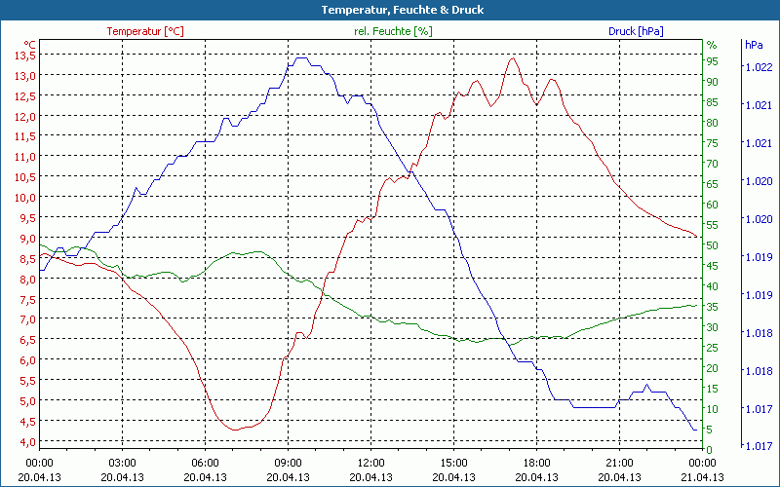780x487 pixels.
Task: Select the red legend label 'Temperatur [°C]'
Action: pos(144,31)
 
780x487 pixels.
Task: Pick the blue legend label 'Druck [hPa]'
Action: pos(636,31)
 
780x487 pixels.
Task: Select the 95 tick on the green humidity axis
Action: pos(712,61)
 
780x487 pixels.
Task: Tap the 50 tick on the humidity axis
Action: pos(712,245)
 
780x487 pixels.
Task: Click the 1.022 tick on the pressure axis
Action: pos(758,67)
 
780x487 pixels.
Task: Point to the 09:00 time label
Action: pos(288,463)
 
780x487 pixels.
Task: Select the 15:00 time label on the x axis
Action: pos(453,463)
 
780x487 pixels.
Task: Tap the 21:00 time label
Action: pos(619,463)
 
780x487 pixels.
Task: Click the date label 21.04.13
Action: pos(702,477)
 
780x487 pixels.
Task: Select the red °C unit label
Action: pos(29,45)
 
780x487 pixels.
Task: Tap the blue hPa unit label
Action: pos(754,45)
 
